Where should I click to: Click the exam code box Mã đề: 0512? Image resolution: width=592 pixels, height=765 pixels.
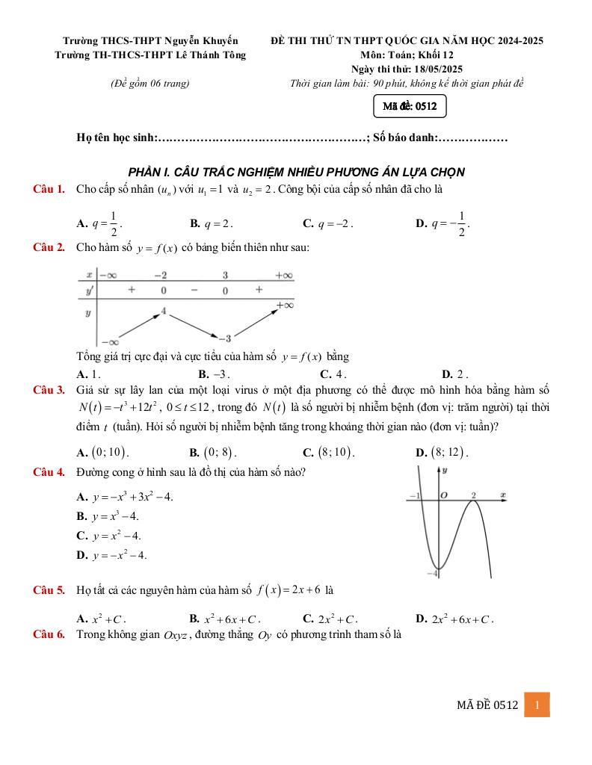pos(409,107)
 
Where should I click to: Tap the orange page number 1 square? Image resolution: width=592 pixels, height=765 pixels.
pos(537,704)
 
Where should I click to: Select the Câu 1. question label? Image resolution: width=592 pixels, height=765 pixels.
pos(49,188)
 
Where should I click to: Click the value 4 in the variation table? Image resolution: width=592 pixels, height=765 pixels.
pos(164,309)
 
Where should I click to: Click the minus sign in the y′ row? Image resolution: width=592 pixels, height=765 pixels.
pos(194,289)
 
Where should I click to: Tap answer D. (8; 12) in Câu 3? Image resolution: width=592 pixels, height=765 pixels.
pos(441,452)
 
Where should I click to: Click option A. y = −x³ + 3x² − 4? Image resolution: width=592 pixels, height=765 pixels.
pos(125,497)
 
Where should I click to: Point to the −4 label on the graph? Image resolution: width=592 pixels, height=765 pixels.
pos(431,572)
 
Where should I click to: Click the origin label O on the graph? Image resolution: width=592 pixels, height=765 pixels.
pos(443,495)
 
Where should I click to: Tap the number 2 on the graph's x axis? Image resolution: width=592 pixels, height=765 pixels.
pos(474,495)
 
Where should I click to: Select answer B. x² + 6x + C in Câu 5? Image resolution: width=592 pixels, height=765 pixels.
pos(225,619)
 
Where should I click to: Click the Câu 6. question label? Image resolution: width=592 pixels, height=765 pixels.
pos(49,635)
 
